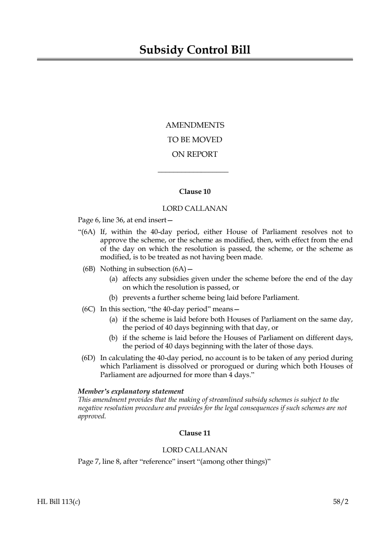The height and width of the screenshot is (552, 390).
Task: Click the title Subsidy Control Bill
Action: click(x=195, y=50)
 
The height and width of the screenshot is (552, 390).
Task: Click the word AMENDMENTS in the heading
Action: click(x=195, y=125)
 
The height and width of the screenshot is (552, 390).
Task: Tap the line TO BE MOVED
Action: click(x=195, y=140)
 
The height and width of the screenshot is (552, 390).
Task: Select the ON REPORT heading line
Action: click(x=195, y=154)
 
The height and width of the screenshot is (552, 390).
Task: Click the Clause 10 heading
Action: click(x=195, y=192)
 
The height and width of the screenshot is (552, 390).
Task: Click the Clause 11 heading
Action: click(x=195, y=433)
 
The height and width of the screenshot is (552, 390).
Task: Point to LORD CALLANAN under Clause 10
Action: click(x=195, y=208)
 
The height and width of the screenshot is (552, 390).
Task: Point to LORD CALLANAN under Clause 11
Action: click(x=195, y=450)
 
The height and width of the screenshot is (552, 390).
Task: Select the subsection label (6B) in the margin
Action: click(x=89, y=269)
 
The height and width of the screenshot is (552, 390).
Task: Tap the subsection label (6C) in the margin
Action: click(x=89, y=309)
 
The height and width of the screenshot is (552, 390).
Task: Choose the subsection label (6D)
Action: click(x=89, y=358)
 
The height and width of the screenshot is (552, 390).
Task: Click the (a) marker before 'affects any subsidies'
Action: click(x=113, y=279)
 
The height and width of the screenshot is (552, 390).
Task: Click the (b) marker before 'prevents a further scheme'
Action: click(x=113, y=298)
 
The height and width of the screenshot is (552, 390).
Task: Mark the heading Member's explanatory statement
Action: click(x=131, y=392)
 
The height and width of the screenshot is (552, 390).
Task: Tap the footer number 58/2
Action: click(x=341, y=502)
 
